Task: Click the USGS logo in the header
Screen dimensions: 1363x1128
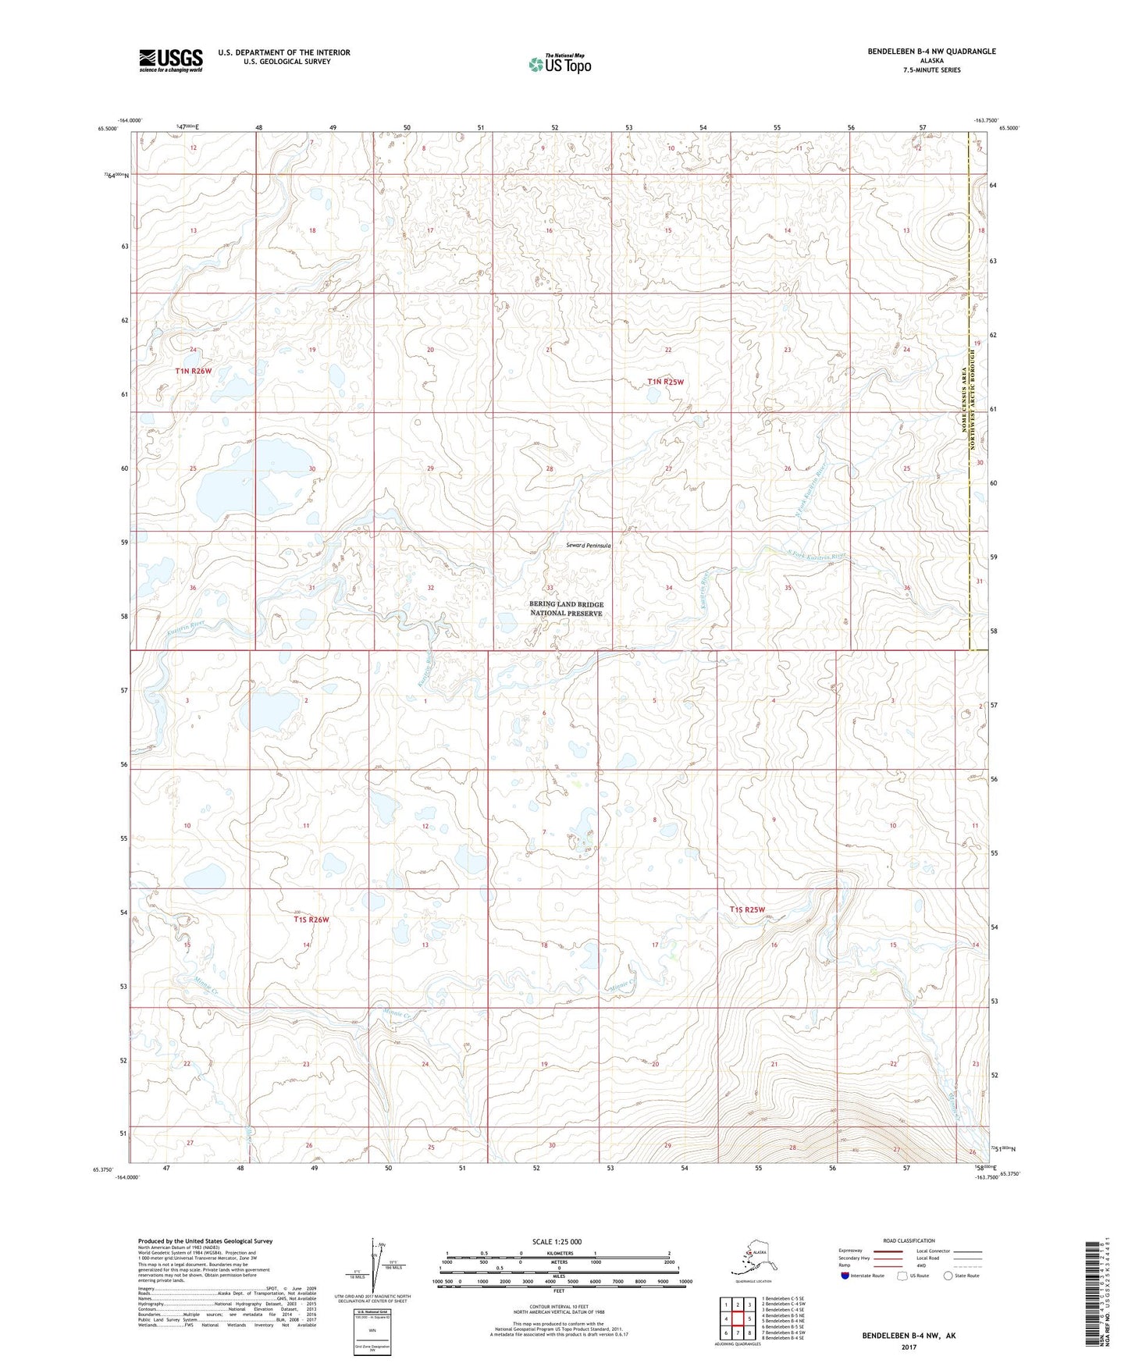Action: (x=170, y=60)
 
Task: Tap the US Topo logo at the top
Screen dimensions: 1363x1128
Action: (x=559, y=63)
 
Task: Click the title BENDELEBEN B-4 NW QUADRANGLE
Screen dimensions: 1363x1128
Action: (x=931, y=52)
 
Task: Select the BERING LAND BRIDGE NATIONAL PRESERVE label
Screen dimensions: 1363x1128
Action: (x=566, y=609)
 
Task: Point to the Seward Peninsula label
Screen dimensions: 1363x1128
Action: (x=588, y=546)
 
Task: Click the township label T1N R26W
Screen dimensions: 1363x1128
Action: (x=194, y=372)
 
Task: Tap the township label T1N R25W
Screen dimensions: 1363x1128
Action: (x=665, y=382)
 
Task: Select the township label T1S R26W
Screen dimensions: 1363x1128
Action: (x=311, y=920)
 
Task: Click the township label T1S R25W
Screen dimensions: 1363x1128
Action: (x=747, y=909)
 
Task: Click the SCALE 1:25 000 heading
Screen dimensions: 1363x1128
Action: (x=557, y=1241)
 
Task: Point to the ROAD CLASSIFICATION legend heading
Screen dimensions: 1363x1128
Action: (x=909, y=1240)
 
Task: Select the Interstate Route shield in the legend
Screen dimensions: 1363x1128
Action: (x=845, y=1276)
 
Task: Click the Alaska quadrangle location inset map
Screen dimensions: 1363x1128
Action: (x=750, y=1259)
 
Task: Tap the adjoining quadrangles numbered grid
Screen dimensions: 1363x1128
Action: (x=737, y=1319)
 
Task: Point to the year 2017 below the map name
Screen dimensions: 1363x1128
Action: (x=908, y=1347)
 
